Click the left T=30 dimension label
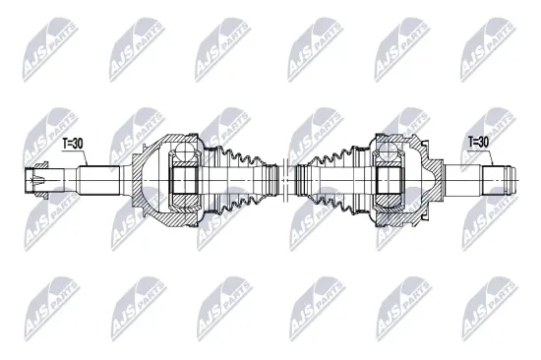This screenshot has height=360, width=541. point(74,144)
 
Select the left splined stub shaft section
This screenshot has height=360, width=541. point(98,181)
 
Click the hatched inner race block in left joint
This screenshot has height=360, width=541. point(185,181)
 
